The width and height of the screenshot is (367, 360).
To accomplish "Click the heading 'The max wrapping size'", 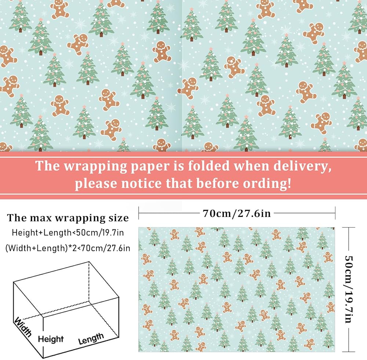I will [68, 218].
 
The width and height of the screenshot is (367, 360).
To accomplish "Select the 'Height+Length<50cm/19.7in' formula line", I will [68, 232].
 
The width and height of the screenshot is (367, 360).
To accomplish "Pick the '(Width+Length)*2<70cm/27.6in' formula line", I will [68, 248].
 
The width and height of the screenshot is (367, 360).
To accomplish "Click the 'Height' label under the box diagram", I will [51, 339].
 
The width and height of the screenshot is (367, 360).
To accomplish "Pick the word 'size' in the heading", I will [119, 218].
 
